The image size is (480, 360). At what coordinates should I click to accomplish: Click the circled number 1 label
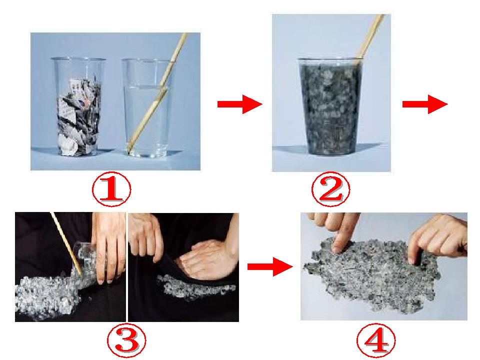coord(111,189)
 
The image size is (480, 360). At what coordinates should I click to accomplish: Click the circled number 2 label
coord(330,189)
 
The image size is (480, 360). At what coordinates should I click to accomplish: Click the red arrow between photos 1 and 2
coord(239,104)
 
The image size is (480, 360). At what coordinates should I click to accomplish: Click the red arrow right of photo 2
coord(425,104)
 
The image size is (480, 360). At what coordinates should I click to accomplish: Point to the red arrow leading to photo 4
coord(270,266)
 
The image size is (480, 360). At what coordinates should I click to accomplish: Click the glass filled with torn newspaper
coord(78,106)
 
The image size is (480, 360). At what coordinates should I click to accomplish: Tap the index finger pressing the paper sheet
coord(339,242)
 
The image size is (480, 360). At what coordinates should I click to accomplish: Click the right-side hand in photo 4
coord(438,237)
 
